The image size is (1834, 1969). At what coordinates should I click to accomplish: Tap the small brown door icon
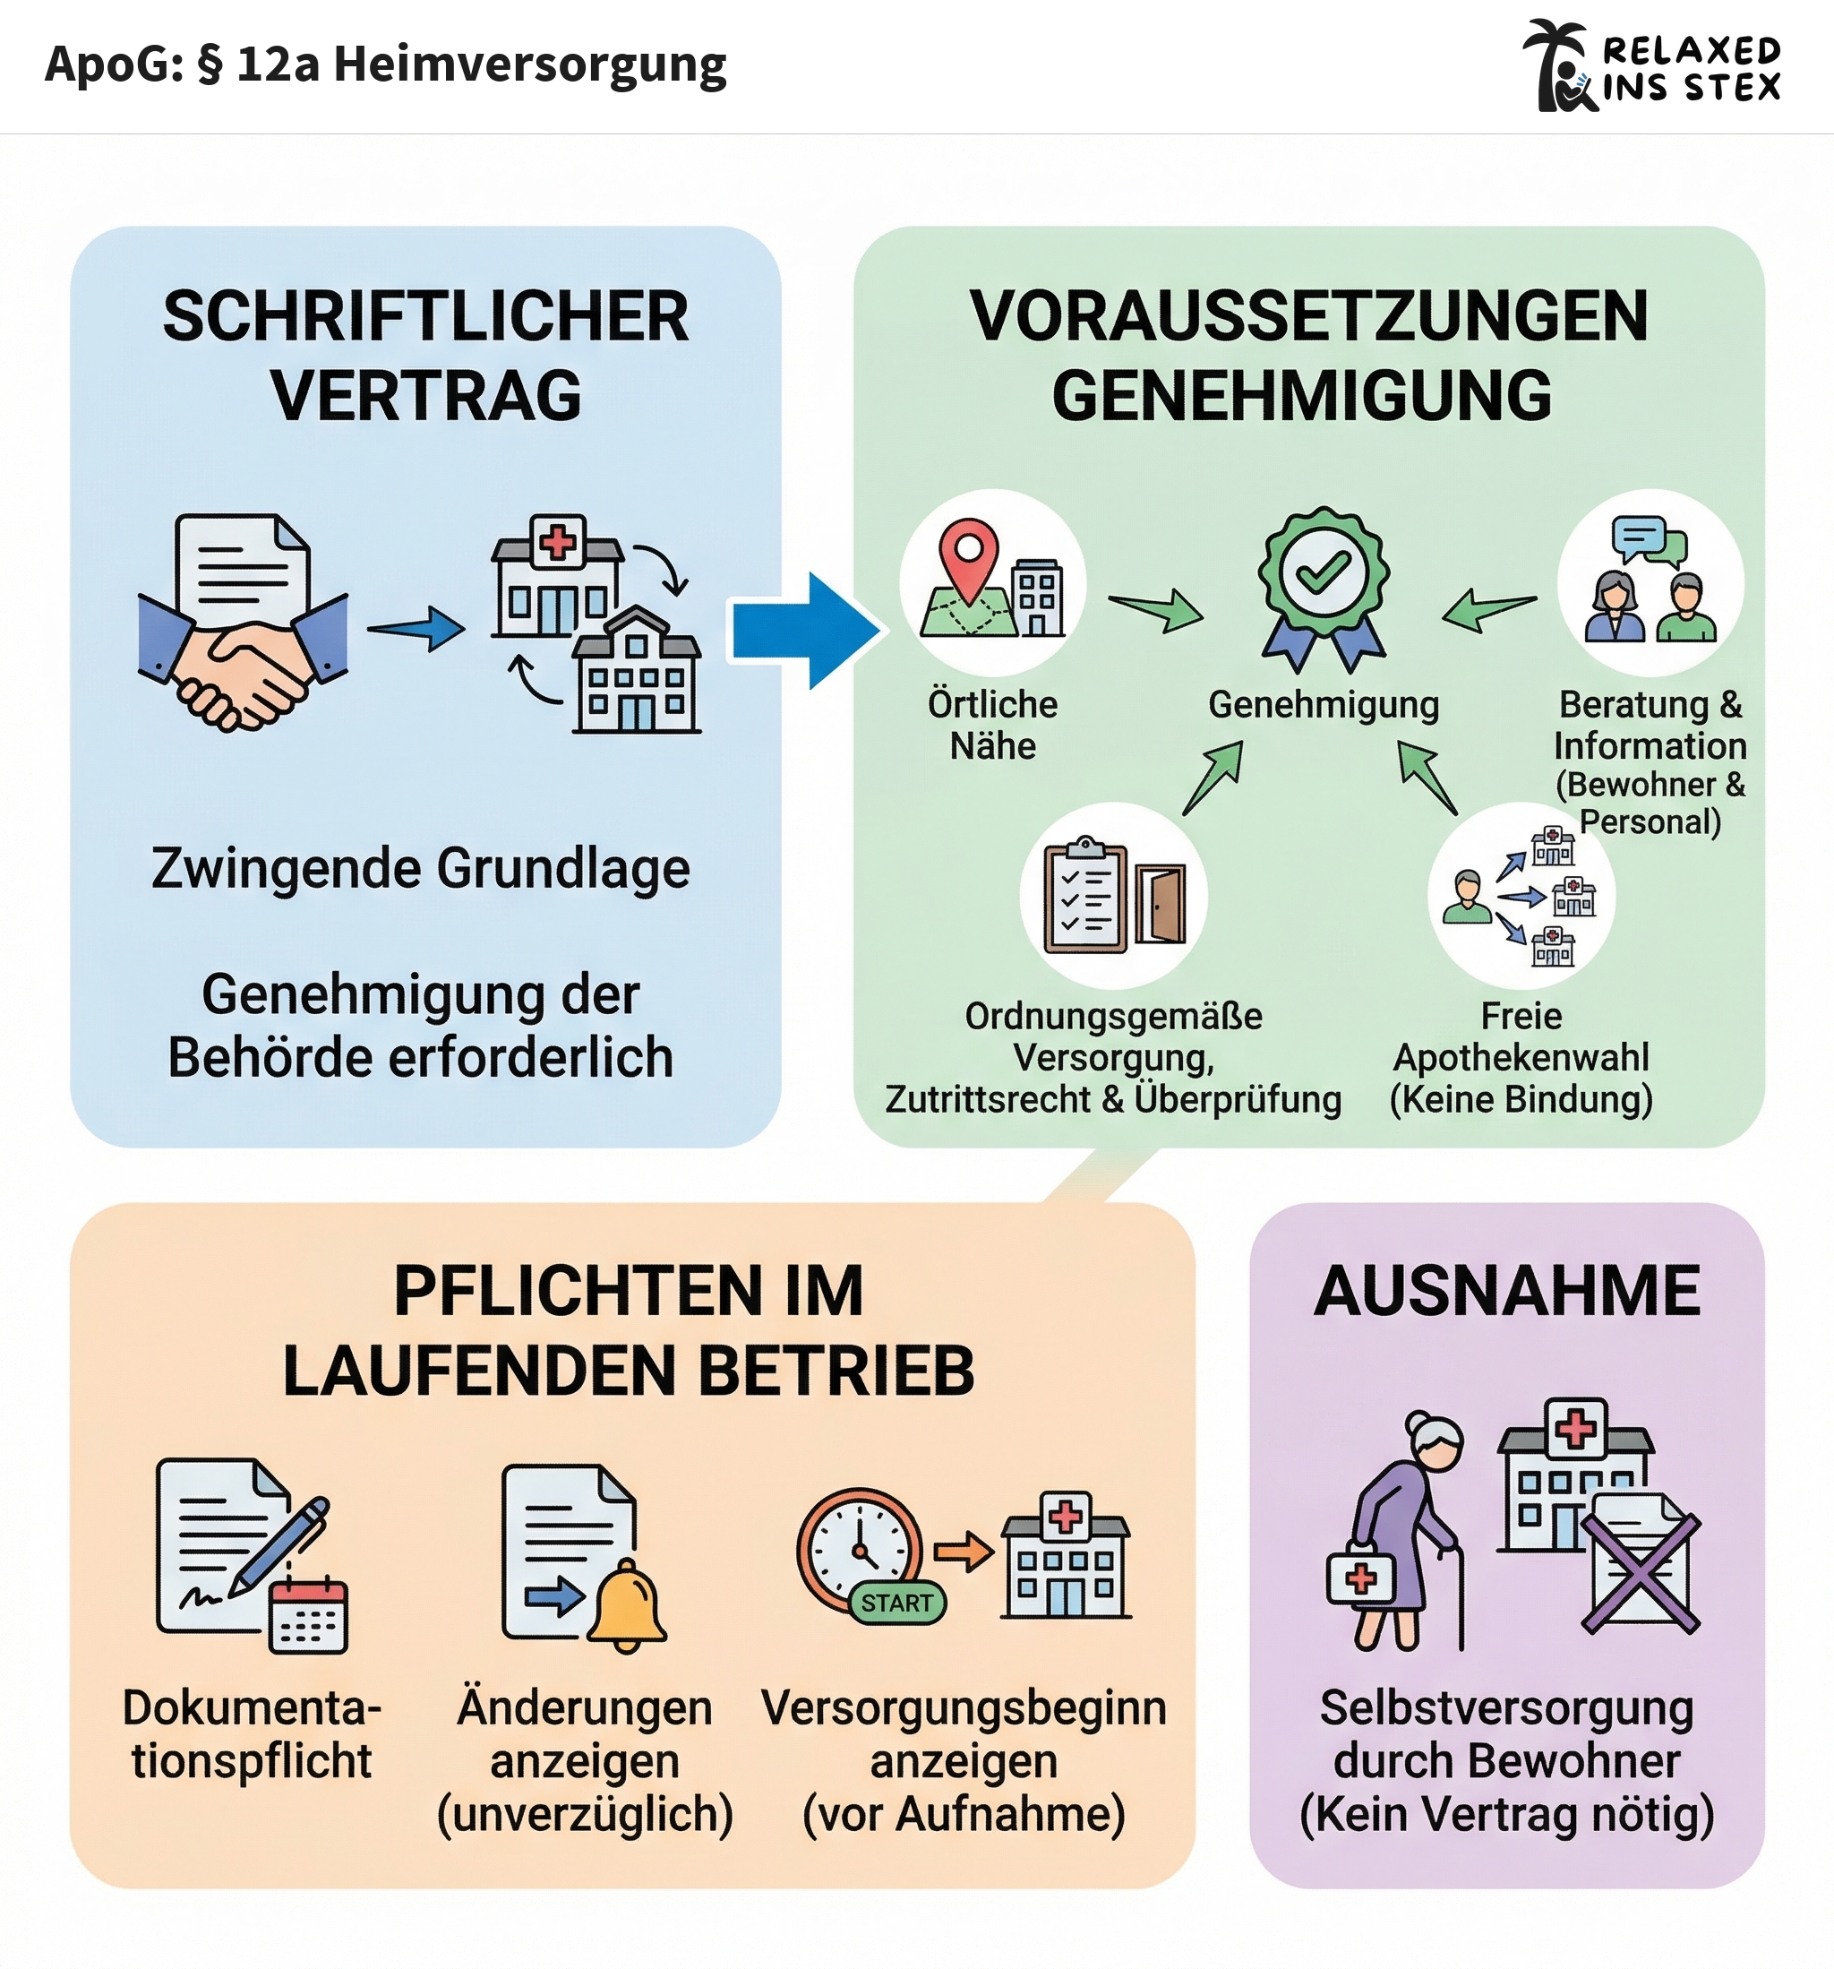click(x=1161, y=904)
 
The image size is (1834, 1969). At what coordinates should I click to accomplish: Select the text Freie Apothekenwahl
click(x=1521, y=1037)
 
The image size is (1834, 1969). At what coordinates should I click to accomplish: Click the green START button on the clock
click(x=896, y=1603)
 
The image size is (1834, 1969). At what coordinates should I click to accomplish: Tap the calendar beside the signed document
click(x=309, y=1614)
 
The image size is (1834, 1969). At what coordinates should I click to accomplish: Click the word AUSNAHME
click(x=1506, y=1292)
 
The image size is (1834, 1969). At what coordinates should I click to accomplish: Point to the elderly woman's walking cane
click(x=1460, y=1595)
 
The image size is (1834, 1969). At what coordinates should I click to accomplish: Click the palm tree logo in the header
click(x=1560, y=65)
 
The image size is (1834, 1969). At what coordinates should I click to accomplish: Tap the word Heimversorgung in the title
click(x=530, y=65)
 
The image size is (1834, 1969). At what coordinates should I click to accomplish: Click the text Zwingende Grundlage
click(x=421, y=869)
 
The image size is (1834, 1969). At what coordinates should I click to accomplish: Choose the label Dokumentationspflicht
click(x=252, y=1734)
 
